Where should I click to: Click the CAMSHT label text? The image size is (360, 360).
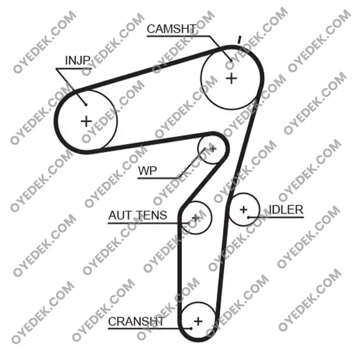[x=172, y=29]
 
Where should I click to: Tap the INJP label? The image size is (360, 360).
[x=77, y=61]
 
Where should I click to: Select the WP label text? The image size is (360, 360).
[x=148, y=171]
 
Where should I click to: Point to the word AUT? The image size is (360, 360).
[x=119, y=215]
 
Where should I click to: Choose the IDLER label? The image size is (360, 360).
[x=286, y=209]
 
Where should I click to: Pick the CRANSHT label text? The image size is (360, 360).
[x=136, y=322]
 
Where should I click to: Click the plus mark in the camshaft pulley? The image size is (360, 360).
[x=232, y=79]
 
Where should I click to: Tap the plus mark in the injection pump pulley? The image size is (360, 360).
[x=86, y=121]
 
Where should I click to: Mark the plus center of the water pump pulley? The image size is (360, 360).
[x=212, y=149]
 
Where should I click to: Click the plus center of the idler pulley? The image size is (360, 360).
[x=244, y=209]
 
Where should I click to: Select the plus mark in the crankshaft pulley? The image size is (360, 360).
[x=198, y=321]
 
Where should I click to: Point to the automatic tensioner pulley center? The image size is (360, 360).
[x=196, y=217]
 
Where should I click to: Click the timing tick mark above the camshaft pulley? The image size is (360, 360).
[x=239, y=40]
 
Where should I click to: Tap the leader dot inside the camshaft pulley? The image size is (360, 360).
[x=231, y=61]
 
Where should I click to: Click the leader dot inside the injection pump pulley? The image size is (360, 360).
[x=86, y=104]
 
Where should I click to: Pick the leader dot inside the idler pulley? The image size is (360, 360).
[x=248, y=217]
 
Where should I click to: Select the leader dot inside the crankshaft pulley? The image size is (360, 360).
[x=191, y=329]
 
